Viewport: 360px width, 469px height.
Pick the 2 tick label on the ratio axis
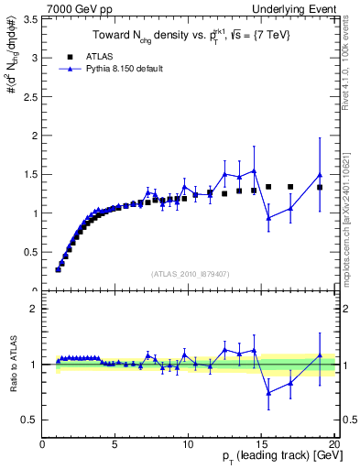[x=33, y=309]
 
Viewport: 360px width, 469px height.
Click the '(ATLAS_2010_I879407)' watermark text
[x=190, y=273]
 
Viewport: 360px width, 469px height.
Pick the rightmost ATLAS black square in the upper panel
[x=320, y=187]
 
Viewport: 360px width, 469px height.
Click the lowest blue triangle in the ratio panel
[x=268, y=393]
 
